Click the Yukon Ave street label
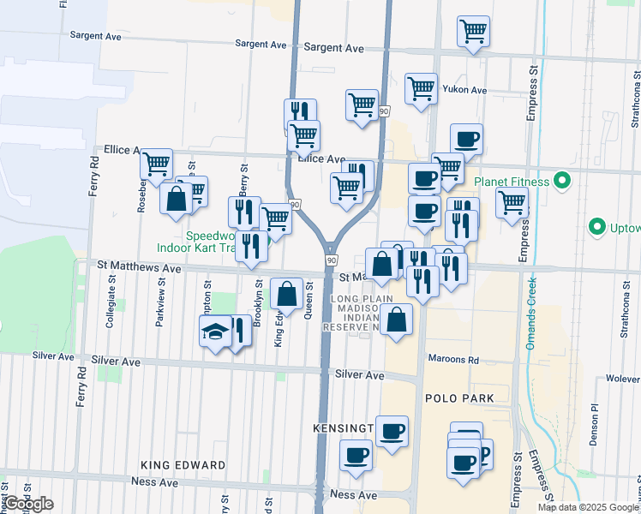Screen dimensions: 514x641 coord(464,90)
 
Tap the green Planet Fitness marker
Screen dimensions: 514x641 coord(562,181)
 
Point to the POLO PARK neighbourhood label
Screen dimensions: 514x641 coord(459,398)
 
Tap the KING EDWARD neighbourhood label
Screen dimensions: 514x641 coord(185,465)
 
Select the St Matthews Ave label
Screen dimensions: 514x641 coord(139,268)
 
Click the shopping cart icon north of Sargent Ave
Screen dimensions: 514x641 coord(473,32)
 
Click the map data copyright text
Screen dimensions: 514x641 coord(587,507)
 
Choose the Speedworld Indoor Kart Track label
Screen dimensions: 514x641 coord(196,242)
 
